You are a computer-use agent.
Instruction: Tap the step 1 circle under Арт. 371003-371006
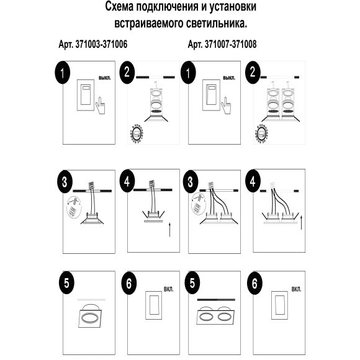tap(62, 72)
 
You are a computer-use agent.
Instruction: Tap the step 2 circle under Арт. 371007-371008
tap(254, 72)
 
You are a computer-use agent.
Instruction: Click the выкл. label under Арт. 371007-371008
tap(228, 79)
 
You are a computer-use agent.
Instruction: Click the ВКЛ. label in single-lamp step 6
tap(169, 289)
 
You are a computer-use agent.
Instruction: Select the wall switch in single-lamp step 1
tap(85, 96)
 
